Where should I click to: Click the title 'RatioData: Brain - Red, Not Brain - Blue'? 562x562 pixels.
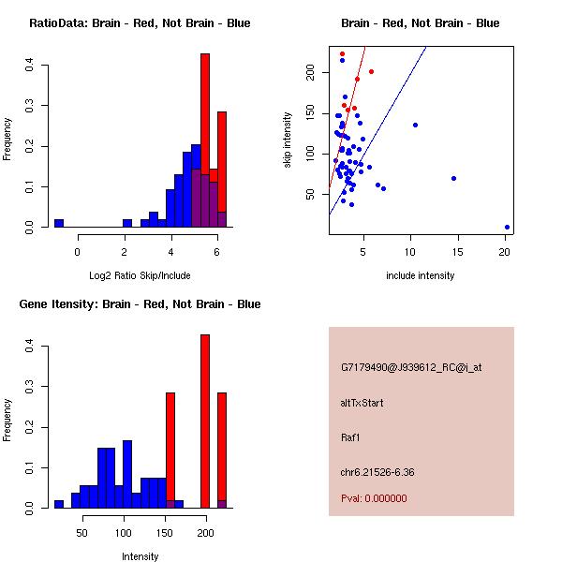140,23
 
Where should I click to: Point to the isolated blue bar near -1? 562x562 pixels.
59,223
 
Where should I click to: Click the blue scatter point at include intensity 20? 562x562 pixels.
507,227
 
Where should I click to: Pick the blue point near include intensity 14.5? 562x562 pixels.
453,178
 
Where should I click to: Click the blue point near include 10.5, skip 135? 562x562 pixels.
415,125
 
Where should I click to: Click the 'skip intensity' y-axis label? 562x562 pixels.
288,140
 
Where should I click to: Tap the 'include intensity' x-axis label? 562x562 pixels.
420,275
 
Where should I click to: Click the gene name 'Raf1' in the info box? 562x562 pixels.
350,436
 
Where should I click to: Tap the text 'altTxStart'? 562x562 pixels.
362,403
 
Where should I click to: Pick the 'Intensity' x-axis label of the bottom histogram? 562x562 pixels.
140,556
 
